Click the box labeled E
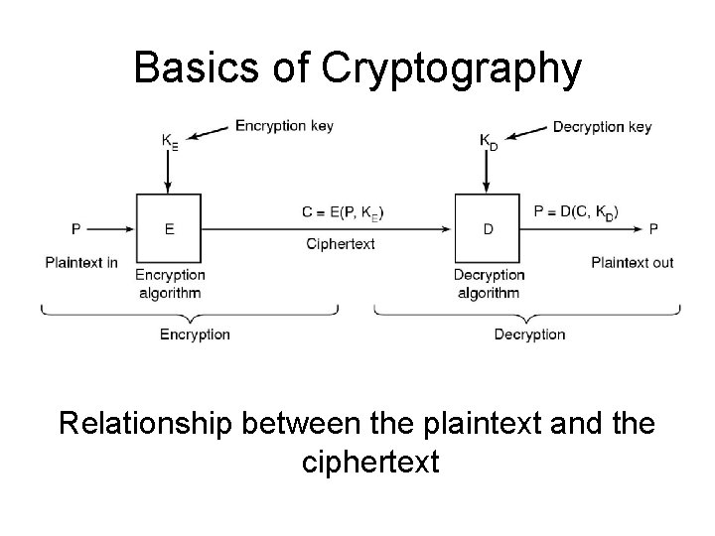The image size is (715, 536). click(169, 228)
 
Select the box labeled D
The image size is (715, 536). click(488, 228)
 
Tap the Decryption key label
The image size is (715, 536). click(602, 126)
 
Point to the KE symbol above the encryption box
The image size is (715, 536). click(170, 142)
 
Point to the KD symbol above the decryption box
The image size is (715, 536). click(489, 142)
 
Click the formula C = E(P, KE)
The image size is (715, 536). click(344, 211)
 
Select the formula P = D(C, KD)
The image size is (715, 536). click(576, 211)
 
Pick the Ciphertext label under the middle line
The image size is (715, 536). click(341, 244)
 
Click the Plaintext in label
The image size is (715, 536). click(81, 262)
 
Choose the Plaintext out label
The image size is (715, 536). click(633, 262)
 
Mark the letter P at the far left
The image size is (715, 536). click(75, 229)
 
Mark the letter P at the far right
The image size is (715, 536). click(652, 229)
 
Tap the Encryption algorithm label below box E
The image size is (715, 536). click(169, 283)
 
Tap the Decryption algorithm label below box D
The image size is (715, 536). click(489, 283)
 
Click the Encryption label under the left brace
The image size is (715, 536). click(195, 335)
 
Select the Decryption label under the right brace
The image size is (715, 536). click(529, 335)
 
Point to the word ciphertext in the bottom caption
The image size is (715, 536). click(367, 462)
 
